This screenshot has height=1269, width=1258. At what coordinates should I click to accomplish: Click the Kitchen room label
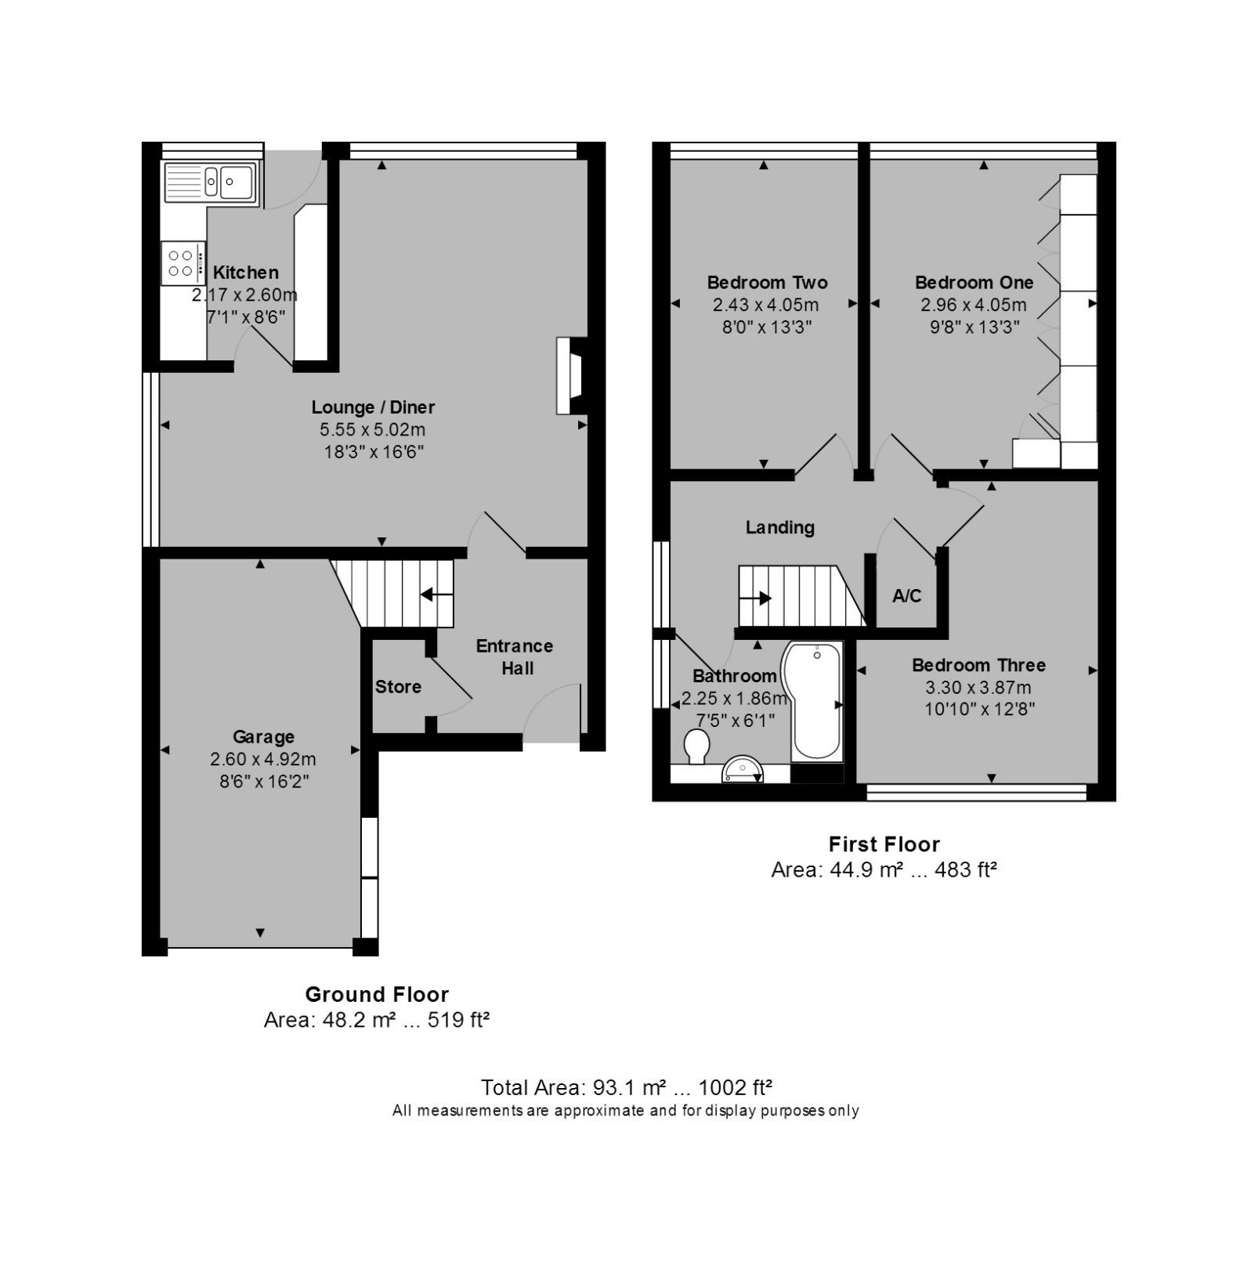tap(246, 273)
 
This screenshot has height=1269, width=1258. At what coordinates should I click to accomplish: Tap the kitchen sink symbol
tap(210, 183)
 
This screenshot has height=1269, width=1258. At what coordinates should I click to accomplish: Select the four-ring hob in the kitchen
tap(183, 262)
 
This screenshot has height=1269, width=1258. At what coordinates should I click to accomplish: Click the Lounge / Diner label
tap(373, 407)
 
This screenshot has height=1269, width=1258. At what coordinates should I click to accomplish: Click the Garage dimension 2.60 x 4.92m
tap(263, 759)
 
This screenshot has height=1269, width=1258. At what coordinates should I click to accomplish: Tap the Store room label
tap(398, 687)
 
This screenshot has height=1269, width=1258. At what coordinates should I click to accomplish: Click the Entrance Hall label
tap(515, 657)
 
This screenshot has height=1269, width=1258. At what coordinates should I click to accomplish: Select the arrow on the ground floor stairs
tap(437, 595)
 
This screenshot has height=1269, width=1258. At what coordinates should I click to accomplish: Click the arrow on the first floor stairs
tap(755, 599)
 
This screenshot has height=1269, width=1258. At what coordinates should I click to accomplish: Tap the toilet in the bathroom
tap(696, 746)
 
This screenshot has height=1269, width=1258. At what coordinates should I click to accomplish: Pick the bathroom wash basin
tap(743, 769)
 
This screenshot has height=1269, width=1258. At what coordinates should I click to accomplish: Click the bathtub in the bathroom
tap(817, 701)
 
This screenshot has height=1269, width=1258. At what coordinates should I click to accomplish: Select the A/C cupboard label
tap(907, 596)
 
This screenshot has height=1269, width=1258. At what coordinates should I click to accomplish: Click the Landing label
tap(780, 528)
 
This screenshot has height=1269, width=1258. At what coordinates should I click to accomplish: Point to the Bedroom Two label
tap(768, 283)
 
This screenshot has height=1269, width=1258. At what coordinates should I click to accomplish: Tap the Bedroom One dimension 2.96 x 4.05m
tap(974, 305)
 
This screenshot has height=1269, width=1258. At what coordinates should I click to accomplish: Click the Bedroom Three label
tap(979, 666)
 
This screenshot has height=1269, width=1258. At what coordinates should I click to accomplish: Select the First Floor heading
tap(884, 844)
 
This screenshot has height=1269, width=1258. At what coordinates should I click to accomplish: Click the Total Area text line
tap(627, 1087)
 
